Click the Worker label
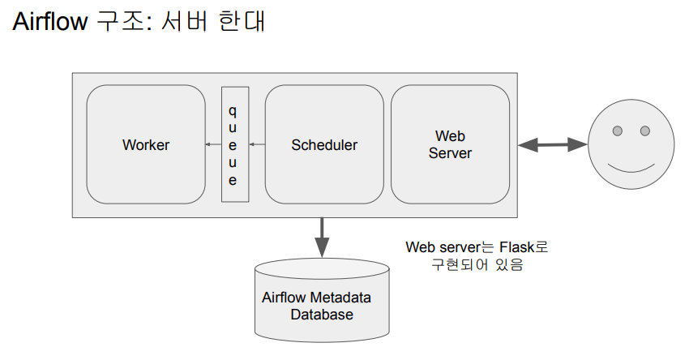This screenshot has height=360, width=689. [x=146, y=145]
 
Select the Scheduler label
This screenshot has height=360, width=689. [x=324, y=145]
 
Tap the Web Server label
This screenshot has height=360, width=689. [x=450, y=144]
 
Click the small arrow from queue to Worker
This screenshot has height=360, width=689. [x=213, y=145]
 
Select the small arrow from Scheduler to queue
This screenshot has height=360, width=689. [x=257, y=145]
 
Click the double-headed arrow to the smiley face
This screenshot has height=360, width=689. [x=553, y=145]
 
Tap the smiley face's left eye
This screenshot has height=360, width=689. [x=617, y=131]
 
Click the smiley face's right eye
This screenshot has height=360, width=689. [x=645, y=131]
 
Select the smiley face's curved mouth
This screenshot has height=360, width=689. [x=631, y=168]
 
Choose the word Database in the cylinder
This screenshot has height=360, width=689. [x=322, y=315]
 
